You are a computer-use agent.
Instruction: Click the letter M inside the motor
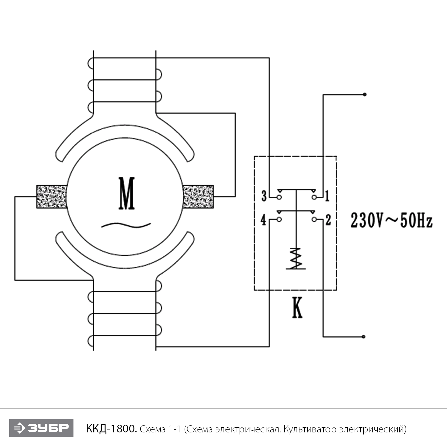[127, 193]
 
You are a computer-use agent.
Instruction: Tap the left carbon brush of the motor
[52, 197]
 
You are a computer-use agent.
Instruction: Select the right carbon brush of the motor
[198, 197]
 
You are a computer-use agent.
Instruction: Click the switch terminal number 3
[264, 196]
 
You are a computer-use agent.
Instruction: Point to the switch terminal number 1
[327, 196]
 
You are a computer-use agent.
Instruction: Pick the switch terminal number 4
[263, 220]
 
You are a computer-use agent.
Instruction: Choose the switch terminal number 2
[328, 220]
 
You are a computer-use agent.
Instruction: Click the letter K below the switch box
[297, 307]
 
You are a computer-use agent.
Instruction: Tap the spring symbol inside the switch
[296, 258]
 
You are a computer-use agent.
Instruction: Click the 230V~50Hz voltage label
[391, 221]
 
